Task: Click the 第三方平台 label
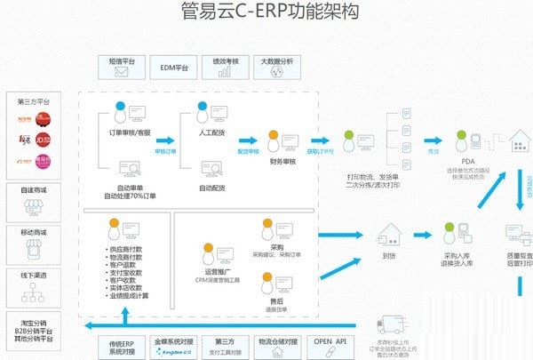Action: pos(34,102)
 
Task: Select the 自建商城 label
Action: pos(34,189)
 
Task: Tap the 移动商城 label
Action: pos(34,232)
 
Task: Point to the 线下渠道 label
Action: pos(34,276)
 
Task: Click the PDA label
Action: pos(466,161)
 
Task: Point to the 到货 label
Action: pos(389,254)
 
